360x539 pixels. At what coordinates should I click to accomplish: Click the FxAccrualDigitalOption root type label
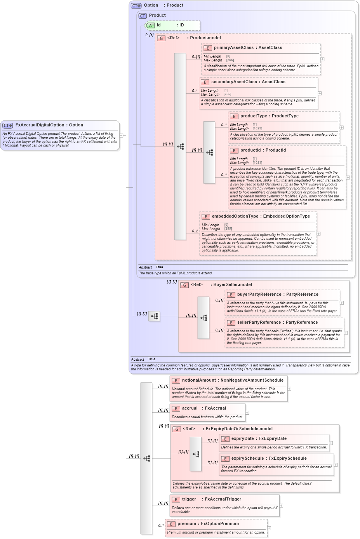pos(40,125)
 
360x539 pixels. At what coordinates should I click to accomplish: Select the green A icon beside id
pos(150,26)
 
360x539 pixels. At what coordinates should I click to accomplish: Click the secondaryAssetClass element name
pos(234,82)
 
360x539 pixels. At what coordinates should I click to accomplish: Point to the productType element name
pos(254,116)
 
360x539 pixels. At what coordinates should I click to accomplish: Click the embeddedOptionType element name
pos(235,216)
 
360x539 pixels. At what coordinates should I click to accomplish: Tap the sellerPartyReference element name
pos(259,323)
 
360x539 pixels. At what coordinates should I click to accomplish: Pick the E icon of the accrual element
pos(176,409)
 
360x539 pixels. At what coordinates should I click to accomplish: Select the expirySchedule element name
pos(248,459)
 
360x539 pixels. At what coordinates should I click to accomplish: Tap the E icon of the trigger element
pos(176,500)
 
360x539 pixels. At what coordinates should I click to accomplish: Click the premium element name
pos(186,524)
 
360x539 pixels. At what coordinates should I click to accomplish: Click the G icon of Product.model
pos(161,38)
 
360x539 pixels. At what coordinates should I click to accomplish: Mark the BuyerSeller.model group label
pos(232,285)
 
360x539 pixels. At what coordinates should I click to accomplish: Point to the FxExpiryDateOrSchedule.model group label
pos(239,429)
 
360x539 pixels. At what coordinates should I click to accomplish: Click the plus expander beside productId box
pos(348,178)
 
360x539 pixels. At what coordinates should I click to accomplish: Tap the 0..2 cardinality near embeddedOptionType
pos(195,231)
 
